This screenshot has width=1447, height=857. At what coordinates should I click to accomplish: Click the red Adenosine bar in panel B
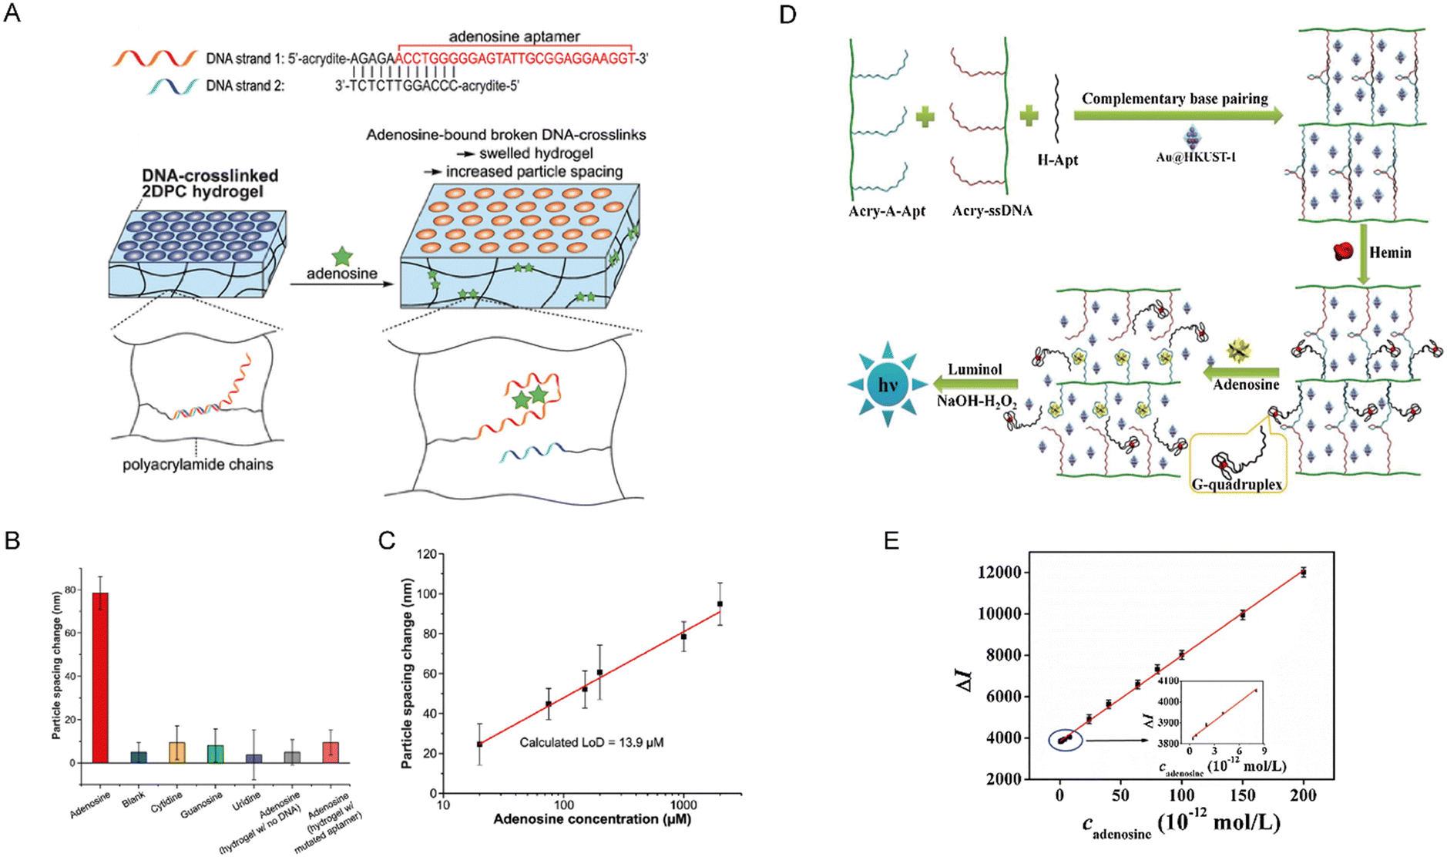point(100,678)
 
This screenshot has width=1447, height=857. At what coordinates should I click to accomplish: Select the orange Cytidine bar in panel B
point(177,752)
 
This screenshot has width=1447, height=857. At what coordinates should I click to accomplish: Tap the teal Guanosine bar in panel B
point(216,754)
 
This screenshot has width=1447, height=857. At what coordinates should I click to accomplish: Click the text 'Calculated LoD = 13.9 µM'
point(591,742)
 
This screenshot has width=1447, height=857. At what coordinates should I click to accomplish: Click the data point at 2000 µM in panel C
point(720,603)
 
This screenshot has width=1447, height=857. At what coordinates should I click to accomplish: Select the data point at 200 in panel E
point(1303,572)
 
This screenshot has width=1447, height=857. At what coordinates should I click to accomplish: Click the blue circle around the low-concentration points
point(1065,739)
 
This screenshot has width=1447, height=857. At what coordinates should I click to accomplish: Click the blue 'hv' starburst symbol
point(888,384)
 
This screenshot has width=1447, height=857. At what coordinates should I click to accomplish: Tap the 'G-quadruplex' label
point(1237,484)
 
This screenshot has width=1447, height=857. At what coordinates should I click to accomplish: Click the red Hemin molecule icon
point(1343,251)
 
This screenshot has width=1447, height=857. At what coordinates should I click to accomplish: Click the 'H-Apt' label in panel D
point(1057,160)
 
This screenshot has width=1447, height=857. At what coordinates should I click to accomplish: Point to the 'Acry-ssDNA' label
point(992,210)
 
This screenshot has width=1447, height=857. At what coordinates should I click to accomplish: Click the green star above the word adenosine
point(342,257)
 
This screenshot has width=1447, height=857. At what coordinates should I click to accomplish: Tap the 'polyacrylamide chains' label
point(198,464)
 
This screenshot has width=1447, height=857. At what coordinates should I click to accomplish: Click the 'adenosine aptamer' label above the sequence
point(514,36)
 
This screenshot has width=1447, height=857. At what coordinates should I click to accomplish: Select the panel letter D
point(787,14)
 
